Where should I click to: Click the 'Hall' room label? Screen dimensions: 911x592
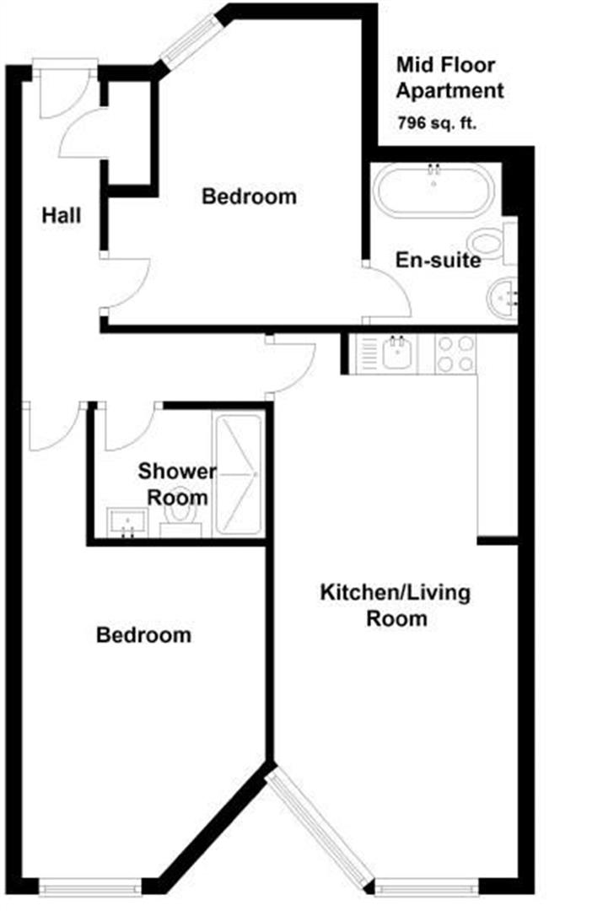click(62, 216)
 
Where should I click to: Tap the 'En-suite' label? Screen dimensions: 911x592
click(439, 261)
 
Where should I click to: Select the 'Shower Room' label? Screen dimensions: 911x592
click(177, 483)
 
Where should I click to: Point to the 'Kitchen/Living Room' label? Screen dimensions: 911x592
click(395, 605)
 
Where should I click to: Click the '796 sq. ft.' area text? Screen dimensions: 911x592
click(437, 122)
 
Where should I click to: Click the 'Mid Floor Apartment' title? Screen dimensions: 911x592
click(449, 78)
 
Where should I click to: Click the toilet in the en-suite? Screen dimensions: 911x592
click(490, 242)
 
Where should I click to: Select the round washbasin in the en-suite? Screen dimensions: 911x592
click(503, 299)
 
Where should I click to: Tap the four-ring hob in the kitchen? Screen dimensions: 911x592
click(455, 354)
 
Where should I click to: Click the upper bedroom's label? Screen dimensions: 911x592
click(250, 197)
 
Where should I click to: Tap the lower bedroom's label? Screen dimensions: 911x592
click(143, 634)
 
